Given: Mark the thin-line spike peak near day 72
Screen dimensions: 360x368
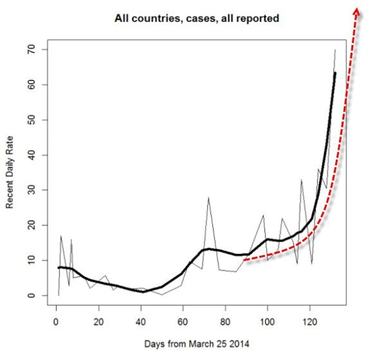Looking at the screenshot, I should coord(208,197).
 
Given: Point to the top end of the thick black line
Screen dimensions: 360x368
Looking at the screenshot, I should coord(335,72).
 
